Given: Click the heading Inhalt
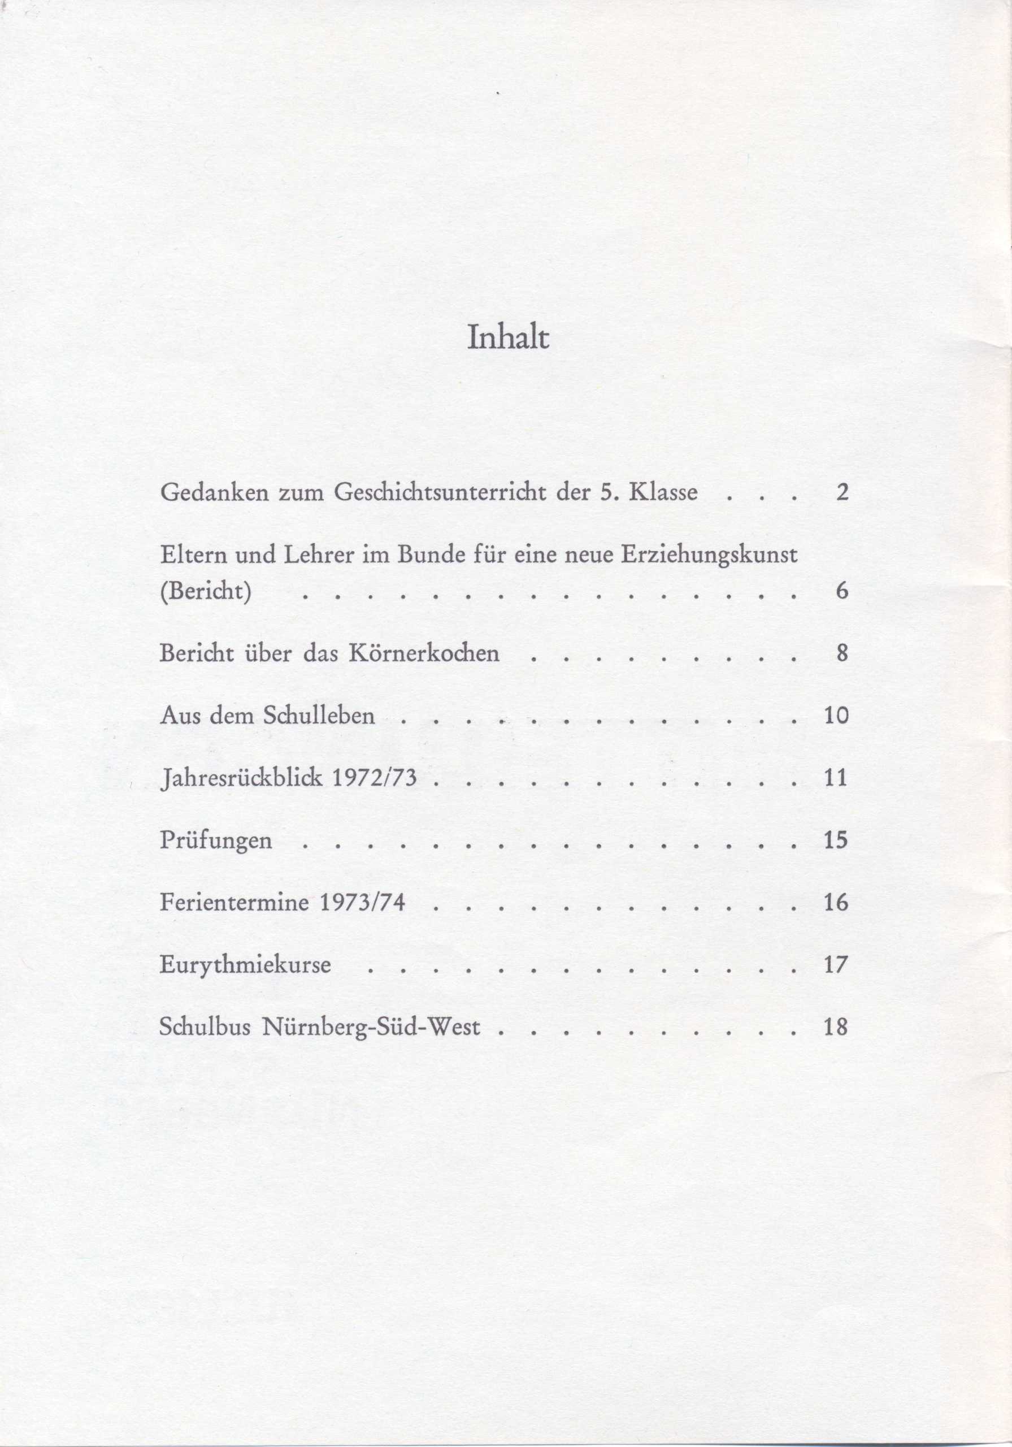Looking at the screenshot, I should [x=509, y=339].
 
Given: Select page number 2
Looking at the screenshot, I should [x=842, y=492].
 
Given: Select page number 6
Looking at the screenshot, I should [x=842, y=592].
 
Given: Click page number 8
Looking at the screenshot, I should [x=842, y=653].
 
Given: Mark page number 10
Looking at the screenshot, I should [x=836, y=716].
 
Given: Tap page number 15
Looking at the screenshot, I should [x=836, y=841].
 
